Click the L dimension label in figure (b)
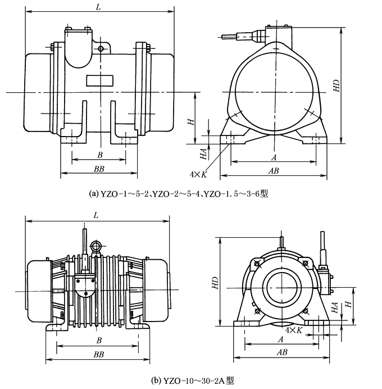point(96,215)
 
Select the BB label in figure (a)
point(99,169)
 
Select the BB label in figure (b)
point(99,355)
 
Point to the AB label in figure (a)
point(274,170)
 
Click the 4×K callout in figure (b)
point(295,330)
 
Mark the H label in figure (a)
point(191,121)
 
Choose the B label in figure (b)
point(99,340)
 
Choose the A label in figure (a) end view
point(274,157)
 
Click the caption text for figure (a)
point(179,194)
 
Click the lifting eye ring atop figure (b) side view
point(96,246)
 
